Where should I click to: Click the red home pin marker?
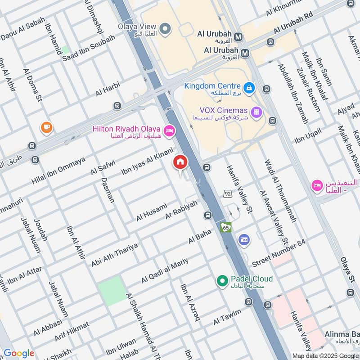point(180,162)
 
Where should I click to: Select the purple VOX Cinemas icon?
point(256,111)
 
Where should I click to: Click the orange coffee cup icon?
point(46,128)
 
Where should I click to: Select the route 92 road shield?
point(228,193)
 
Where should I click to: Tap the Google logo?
point(19,353)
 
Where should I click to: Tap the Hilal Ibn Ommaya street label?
point(58,171)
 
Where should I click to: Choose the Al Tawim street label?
point(227,317)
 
